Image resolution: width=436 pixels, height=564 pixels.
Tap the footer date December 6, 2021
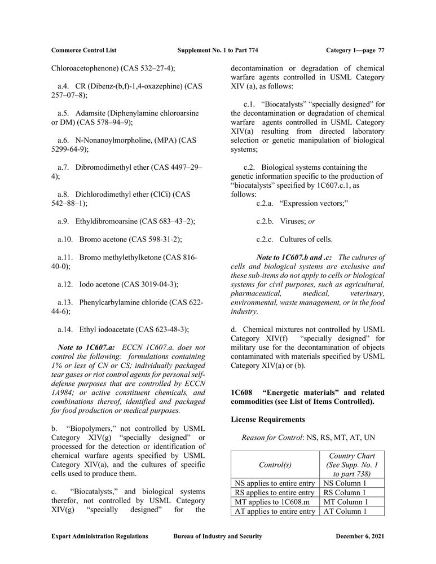point(360,536)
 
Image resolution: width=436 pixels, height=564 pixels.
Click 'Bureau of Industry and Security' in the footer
point(217,536)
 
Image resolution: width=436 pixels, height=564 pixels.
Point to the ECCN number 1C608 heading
point(241,392)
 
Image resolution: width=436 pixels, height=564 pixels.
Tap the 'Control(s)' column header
point(275,465)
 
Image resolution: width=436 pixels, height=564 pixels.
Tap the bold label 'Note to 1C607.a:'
point(87,348)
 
